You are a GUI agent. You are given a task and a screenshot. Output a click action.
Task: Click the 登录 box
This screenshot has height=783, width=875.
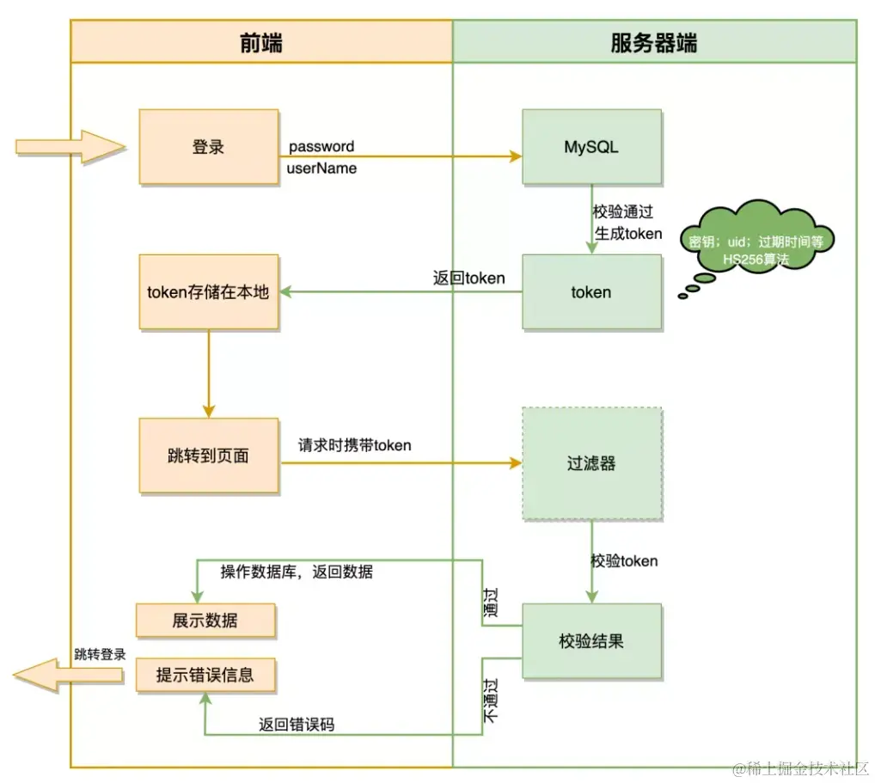(x=208, y=147)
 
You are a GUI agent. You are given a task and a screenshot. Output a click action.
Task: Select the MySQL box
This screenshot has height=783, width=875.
(x=591, y=147)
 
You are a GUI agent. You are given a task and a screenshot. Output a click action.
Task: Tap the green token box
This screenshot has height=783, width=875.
(x=591, y=292)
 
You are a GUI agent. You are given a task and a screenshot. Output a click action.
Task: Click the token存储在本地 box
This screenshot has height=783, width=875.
(x=208, y=292)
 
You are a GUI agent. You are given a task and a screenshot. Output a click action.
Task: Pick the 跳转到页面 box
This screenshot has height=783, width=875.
(x=208, y=456)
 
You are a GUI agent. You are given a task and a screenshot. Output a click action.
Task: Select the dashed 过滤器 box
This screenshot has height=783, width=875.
(x=591, y=464)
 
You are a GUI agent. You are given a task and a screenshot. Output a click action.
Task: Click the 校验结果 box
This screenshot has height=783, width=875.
(x=591, y=640)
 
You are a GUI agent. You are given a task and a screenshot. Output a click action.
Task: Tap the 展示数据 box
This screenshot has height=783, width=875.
(x=205, y=620)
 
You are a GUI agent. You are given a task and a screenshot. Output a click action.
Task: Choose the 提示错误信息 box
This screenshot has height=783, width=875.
(x=205, y=675)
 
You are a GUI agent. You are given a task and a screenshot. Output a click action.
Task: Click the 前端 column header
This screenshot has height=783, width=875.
(x=261, y=42)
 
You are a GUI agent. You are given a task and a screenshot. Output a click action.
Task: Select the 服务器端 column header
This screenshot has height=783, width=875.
(x=654, y=42)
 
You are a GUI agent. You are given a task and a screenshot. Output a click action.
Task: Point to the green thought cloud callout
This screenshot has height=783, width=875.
(x=756, y=241)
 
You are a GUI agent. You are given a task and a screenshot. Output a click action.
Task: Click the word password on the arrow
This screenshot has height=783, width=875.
(x=321, y=146)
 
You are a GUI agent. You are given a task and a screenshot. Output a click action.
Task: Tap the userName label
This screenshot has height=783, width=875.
(x=321, y=168)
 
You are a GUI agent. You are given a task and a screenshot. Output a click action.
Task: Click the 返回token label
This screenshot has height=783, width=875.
(x=468, y=278)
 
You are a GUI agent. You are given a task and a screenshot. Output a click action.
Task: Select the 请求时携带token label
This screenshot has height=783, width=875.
(x=354, y=445)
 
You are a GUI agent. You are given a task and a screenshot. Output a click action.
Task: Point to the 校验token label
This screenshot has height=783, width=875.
(x=624, y=561)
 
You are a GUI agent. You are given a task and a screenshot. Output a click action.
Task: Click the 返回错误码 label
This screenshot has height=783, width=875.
(x=297, y=725)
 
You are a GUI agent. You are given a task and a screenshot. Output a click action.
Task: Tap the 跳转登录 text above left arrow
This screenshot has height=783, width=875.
(x=100, y=654)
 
